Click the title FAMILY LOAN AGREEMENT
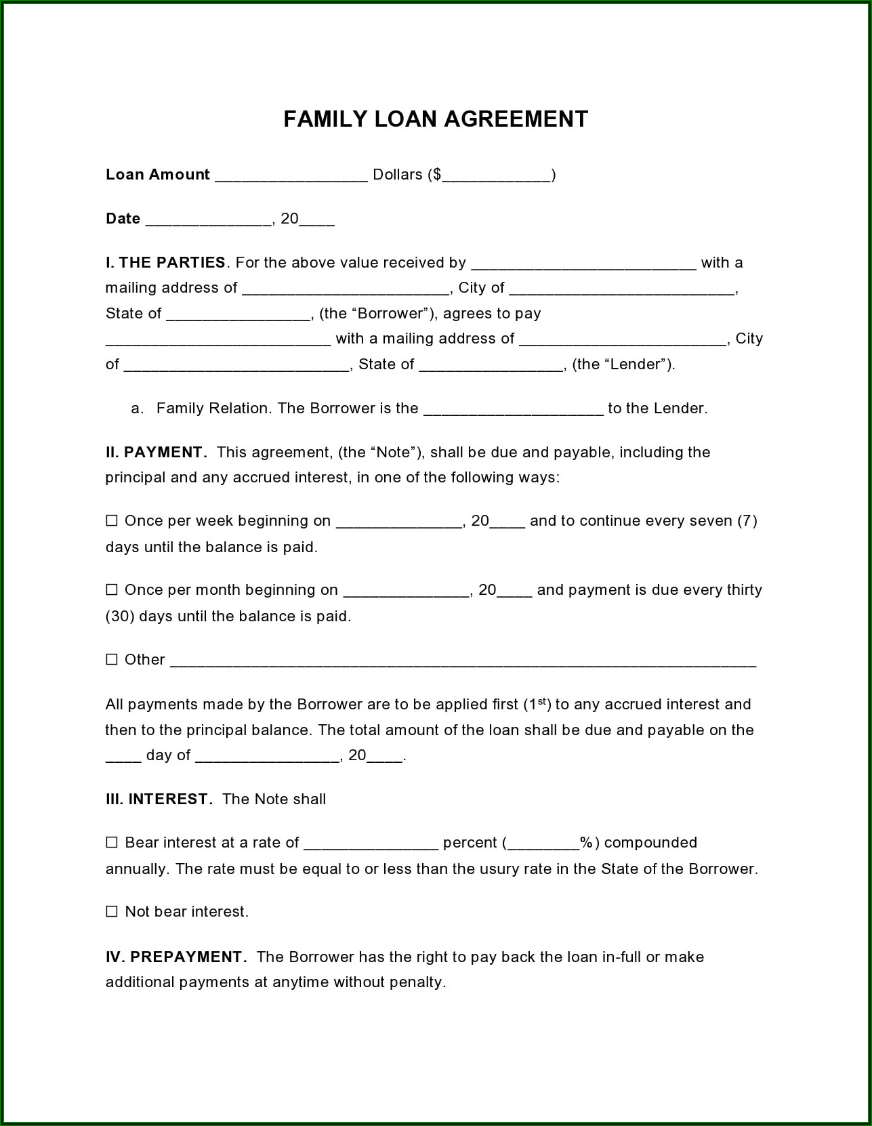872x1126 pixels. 435,119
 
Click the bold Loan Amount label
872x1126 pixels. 158,175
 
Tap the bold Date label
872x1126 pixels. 123,219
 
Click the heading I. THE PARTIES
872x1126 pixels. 165,263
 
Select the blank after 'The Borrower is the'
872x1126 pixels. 513,409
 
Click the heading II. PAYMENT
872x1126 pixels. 155,453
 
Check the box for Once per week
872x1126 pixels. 112,521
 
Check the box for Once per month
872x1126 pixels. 112,590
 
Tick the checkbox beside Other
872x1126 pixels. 112,660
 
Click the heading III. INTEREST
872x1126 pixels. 159,799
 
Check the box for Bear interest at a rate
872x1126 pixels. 112,843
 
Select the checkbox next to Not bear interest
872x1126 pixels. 112,912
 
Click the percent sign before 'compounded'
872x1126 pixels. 586,843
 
